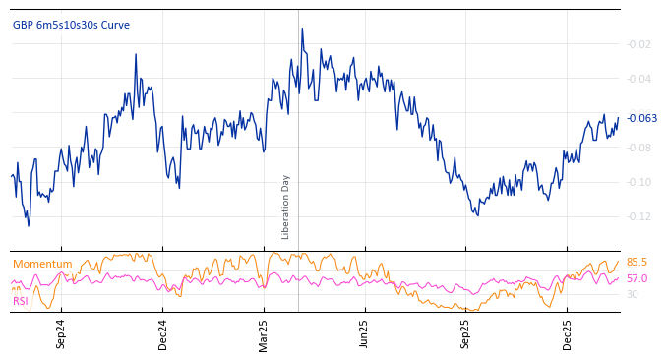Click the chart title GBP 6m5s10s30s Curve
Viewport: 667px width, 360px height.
[71, 26]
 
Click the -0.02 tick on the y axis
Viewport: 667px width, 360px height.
[638, 44]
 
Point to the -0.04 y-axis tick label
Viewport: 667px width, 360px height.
[638, 79]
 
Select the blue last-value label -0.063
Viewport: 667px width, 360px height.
[641, 118]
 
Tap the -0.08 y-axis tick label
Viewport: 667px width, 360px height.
[638, 148]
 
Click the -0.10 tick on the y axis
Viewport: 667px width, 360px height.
[638, 182]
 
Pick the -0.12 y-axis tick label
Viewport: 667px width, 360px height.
[638, 216]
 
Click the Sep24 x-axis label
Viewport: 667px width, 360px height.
[61, 334]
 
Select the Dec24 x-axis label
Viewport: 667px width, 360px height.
[163, 334]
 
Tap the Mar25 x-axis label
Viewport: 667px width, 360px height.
[264, 334]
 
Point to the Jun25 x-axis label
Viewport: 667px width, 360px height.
[364, 334]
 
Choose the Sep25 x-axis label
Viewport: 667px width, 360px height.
[465, 334]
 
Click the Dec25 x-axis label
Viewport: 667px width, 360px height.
[567, 334]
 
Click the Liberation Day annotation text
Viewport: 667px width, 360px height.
[286, 207]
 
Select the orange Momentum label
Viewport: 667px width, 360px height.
[42, 264]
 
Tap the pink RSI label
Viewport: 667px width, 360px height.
[20, 301]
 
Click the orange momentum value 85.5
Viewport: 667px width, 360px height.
[637, 263]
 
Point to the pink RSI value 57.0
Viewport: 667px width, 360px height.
[637, 279]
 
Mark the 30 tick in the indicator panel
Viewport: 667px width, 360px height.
[632, 294]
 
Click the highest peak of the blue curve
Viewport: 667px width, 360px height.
[301, 29]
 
